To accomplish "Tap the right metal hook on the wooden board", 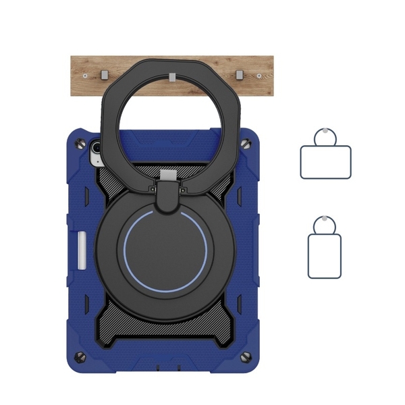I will [x=239, y=74].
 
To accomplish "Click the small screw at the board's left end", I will [x=85, y=76].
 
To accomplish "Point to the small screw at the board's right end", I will [x=261, y=76].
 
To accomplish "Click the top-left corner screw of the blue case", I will [x=82, y=143].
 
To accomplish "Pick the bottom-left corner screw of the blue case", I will [x=82, y=356].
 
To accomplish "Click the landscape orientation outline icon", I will [x=325, y=161].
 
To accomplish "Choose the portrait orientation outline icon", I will [x=325, y=256].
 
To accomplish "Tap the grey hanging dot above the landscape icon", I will [x=325, y=132].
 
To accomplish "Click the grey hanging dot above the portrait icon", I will [x=325, y=220].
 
